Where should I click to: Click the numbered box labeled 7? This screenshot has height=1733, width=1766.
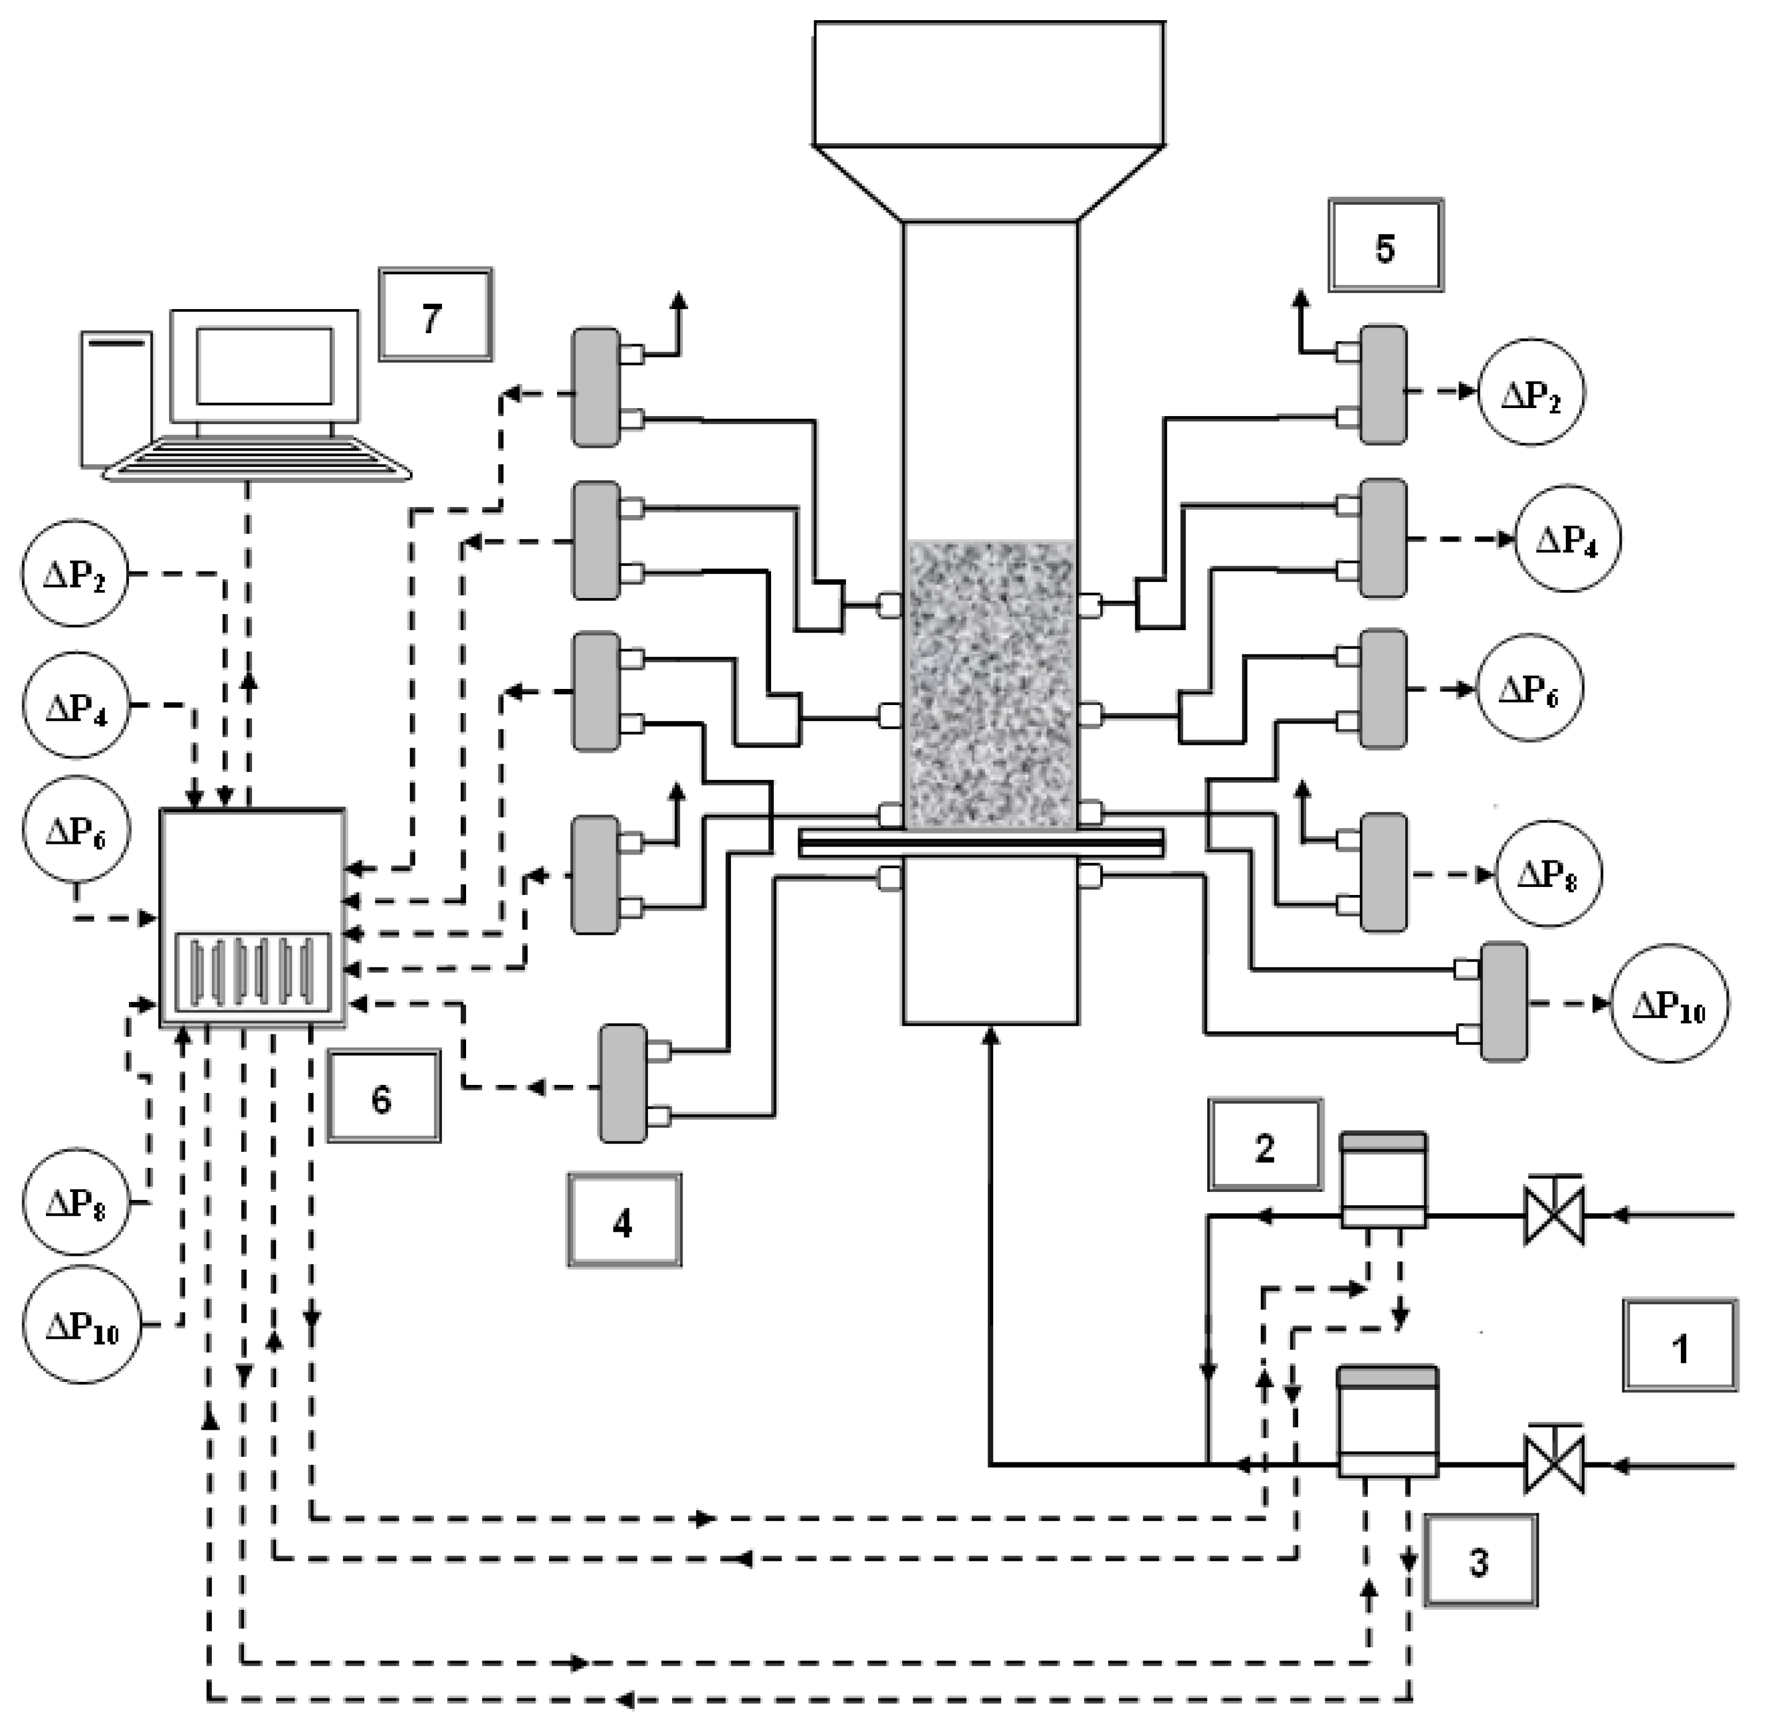point(435,315)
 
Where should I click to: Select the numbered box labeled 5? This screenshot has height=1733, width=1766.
point(1385,246)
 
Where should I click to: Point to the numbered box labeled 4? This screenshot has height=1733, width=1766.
point(624,1220)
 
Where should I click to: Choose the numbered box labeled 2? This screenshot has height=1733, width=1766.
point(1265,1145)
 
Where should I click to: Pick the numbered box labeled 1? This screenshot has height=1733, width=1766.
point(1680,1345)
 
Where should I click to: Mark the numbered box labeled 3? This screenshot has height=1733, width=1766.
point(1479,1560)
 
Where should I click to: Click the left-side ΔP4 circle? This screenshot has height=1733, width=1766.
point(77,706)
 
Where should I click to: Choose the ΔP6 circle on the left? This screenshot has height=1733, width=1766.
point(77,829)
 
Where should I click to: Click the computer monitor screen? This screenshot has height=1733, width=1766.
point(264,366)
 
